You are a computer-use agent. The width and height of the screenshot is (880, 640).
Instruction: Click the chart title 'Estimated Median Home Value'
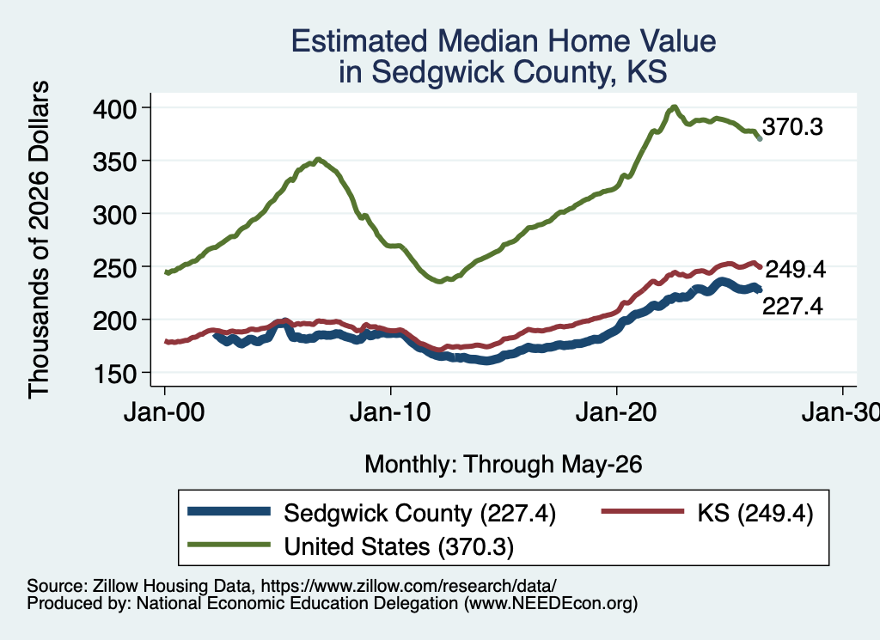pos(504,41)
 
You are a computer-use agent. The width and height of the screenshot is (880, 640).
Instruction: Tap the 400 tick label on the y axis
pos(114,109)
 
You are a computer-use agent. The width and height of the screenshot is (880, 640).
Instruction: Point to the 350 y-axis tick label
pos(114,162)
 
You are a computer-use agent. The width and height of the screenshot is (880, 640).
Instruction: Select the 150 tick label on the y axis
pos(114,374)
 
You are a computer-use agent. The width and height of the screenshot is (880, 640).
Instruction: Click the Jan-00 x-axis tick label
pos(164,413)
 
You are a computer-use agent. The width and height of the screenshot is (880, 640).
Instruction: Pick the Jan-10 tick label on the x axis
pos(390,413)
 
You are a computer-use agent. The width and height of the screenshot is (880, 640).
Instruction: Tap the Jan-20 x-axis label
pos(616,413)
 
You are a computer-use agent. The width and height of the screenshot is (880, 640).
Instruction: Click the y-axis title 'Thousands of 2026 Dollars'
pos(39,240)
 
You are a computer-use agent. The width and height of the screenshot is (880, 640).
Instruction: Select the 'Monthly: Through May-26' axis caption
pos(504,465)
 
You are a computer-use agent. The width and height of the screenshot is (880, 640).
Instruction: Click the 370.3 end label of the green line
pos(792,127)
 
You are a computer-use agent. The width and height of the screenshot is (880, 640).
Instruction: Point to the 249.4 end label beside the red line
pos(795,270)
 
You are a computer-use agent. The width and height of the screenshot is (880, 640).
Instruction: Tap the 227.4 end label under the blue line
pos(792,307)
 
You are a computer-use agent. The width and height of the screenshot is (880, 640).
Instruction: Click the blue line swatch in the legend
pos(229,511)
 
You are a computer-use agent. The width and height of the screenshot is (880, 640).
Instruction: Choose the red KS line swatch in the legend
pos(643,511)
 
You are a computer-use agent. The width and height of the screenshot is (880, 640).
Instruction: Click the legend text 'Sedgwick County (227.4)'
pos(419,513)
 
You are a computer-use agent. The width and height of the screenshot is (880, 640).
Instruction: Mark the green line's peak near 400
pos(674,107)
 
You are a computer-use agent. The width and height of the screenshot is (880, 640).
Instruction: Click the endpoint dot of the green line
pos(760,138)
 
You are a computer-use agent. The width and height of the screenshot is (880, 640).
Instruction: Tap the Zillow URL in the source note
pos(408,586)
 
